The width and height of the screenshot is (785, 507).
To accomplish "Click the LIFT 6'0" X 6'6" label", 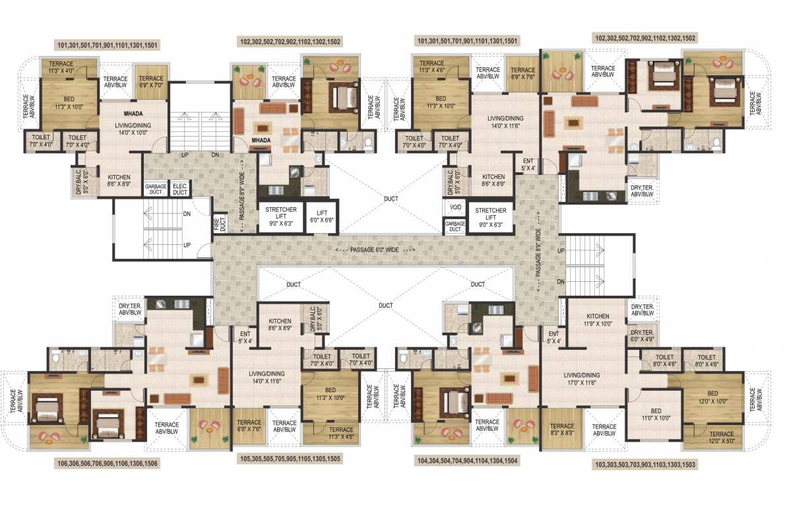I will click(322, 216).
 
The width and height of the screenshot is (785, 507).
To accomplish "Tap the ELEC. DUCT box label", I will click(180, 189).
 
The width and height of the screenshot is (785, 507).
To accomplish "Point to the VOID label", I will click(455, 207).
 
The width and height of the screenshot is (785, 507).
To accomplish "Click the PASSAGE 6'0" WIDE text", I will click(375, 251).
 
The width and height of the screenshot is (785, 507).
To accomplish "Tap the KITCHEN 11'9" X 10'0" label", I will click(598, 320).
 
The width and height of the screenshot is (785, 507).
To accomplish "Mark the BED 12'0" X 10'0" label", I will click(712, 397).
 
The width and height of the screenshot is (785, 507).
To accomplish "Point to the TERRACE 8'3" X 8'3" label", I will click(562, 430).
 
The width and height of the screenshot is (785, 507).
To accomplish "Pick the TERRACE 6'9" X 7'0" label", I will click(151, 81).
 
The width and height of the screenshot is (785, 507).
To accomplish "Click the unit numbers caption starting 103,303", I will click(646, 465).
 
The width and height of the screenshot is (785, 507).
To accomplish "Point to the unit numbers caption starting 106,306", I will click(108, 463).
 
